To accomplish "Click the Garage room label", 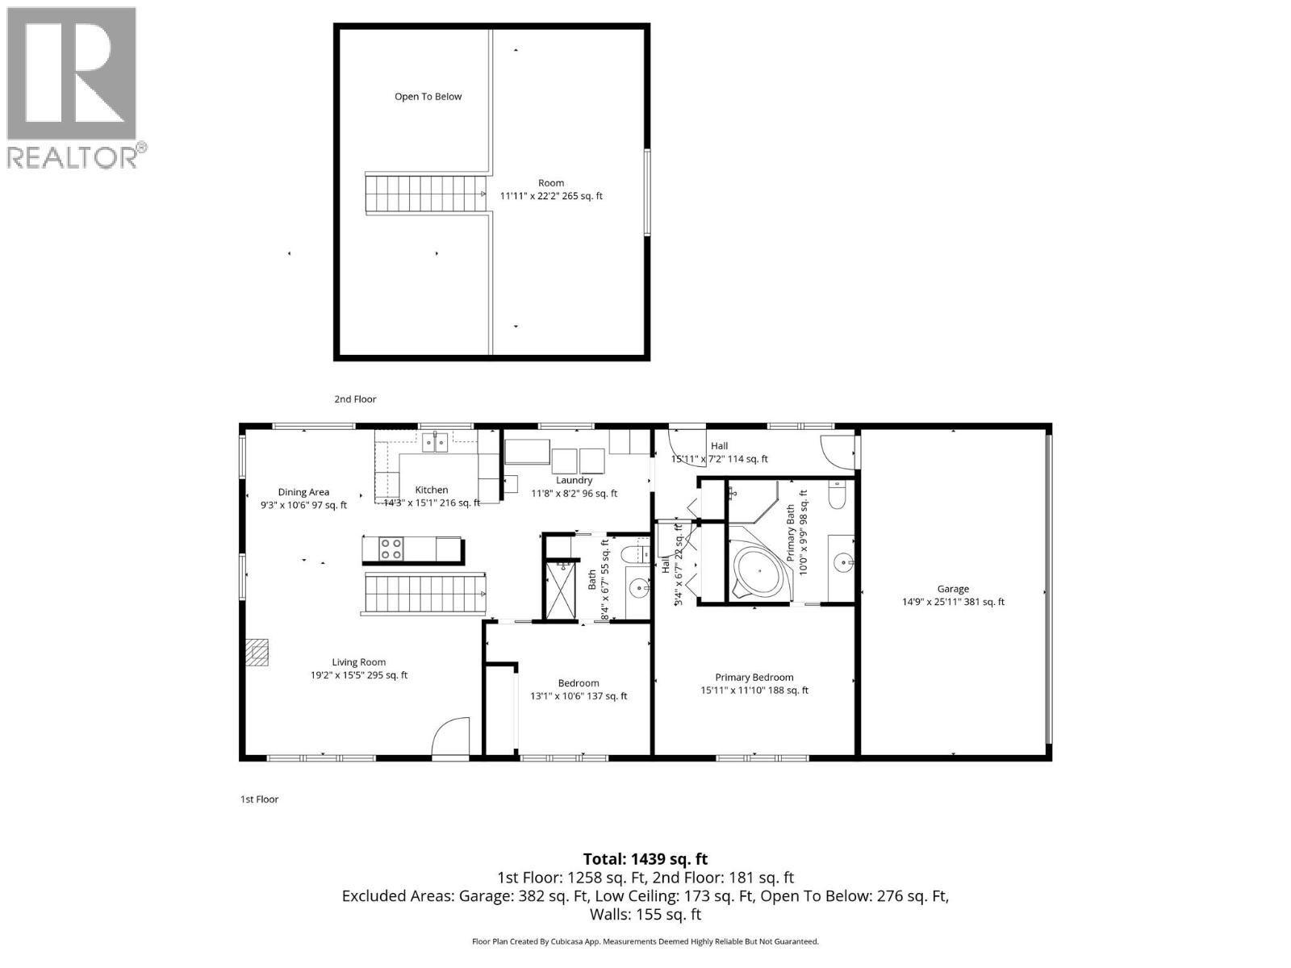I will click(953, 589).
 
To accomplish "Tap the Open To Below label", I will click(428, 97).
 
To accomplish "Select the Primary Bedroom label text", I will click(754, 678).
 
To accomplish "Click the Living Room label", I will click(358, 662).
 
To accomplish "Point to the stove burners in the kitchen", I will click(391, 549).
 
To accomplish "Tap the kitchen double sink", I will click(437, 441).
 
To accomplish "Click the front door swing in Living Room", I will click(450, 736).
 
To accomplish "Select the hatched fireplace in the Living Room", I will click(257, 652).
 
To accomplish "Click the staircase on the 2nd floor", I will click(425, 194).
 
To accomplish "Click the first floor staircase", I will click(424, 595).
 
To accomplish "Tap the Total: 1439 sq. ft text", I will click(645, 859).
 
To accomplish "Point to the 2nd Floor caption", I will click(355, 399).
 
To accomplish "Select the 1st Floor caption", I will click(259, 799).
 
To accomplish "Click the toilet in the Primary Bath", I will click(837, 495).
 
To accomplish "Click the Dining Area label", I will click(303, 492).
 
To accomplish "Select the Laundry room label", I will click(574, 481).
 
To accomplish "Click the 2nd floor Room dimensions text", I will click(551, 196).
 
